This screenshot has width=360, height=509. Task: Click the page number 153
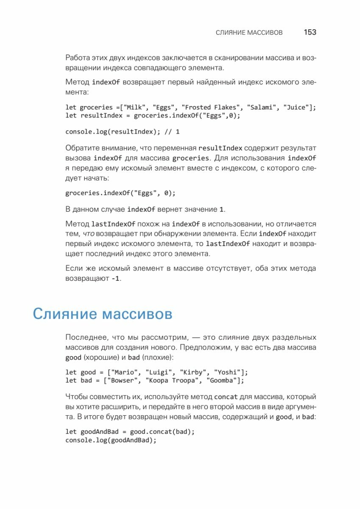(310, 32)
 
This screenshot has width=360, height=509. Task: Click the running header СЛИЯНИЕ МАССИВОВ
(249, 33)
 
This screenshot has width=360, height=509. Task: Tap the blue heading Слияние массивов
(102, 314)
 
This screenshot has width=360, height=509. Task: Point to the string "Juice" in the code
(296, 107)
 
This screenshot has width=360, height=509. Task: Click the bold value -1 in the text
(115, 279)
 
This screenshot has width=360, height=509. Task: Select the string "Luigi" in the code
(161, 372)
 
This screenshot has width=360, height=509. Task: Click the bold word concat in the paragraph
(226, 397)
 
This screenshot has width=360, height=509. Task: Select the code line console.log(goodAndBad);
(111, 440)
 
